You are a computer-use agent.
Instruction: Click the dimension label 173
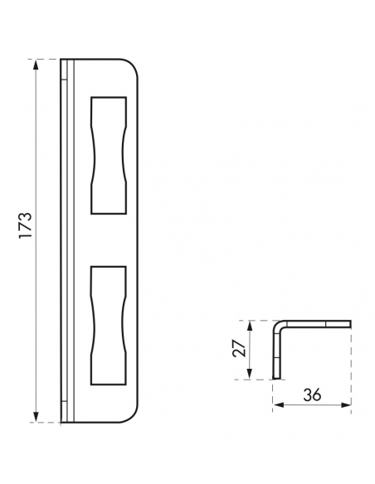click(26, 225)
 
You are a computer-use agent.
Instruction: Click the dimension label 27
click(240, 349)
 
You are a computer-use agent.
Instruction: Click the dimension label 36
click(312, 394)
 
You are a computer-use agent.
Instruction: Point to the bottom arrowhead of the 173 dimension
click(37, 416)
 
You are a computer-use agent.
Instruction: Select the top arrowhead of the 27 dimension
click(250, 326)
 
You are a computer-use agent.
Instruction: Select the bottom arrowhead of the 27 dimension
click(250, 374)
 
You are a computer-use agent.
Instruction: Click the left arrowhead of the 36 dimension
click(279, 405)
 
